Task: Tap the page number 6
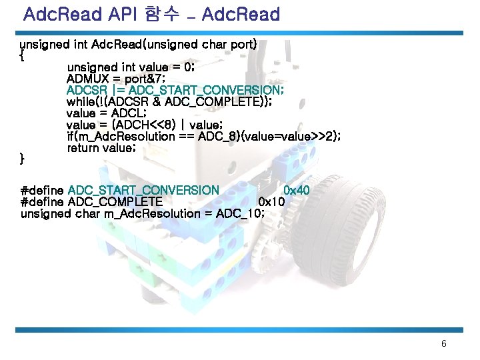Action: [x=444, y=344]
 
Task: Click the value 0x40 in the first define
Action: [x=297, y=191]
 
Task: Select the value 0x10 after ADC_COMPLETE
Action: [x=272, y=202]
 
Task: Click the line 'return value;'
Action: [x=101, y=147]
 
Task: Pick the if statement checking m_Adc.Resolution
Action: [x=204, y=136]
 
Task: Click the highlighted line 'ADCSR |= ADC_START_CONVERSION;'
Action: [x=176, y=90]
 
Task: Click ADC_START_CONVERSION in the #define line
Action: [x=143, y=191]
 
